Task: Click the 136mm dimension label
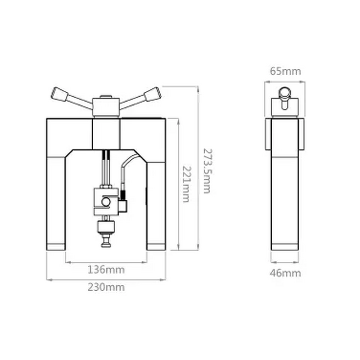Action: point(106,270)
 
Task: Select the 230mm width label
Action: point(106,287)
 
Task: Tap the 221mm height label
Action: point(186,183)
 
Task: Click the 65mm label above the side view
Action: point(285,71)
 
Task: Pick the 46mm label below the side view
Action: point(285,273)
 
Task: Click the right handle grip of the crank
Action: point(152,94)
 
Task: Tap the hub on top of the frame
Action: point(106,106)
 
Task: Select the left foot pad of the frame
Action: point(56,247)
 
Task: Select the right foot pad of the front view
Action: point(156,247)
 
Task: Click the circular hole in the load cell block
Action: point(105,202)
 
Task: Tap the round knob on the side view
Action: point(285,92)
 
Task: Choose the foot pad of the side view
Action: point(285,247)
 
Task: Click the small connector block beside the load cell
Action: point(123,205)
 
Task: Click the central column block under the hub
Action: point(106,133)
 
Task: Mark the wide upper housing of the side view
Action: point(285,134)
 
